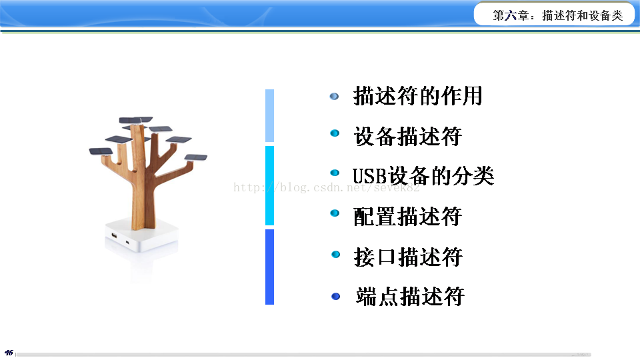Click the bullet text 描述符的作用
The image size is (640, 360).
pos(417,96)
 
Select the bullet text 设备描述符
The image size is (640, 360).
pos(408,136)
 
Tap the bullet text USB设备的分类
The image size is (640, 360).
pos(423,176)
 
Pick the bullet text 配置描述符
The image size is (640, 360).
pos(408,216)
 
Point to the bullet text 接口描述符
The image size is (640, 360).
pos(408,257)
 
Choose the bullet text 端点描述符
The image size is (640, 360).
pos(410,296)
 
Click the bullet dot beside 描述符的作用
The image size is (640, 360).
pos(334,96)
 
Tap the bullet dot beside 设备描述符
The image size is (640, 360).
pos(335,133)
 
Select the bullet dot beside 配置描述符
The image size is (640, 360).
pos(335,213)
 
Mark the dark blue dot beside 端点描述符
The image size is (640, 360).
pos(335,296)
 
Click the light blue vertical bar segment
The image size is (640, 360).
pos(269,115)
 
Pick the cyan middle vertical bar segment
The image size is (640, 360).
pos(269,185)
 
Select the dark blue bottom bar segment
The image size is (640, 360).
pos(269,267)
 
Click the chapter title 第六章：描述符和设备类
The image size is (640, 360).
pos(557,15)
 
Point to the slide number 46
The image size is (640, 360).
pos(9,353)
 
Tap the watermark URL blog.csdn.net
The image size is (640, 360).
pos(326,187)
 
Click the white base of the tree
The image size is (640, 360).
pos(141,235)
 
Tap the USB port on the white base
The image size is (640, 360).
pos(114,235)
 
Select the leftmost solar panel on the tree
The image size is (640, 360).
pos(101,151)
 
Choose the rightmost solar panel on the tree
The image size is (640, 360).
pos(196,157)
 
